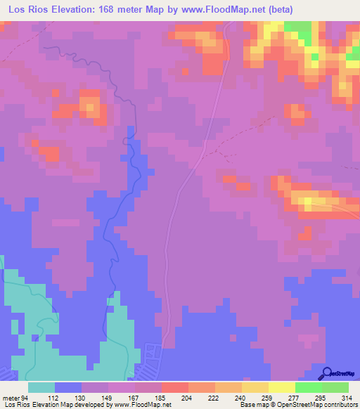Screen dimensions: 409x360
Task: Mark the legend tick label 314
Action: pyautogui.click(x=347, y=397)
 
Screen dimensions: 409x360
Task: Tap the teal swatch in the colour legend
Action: pyautogui.click(x=41, y=387)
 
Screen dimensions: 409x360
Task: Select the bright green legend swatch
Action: pyautogui.click(x=308, y=387)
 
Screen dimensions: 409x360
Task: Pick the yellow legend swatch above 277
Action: pyautogui.click(x=281, y=387)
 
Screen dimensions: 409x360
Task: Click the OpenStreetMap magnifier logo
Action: pyautogui.click(x=328, y=373)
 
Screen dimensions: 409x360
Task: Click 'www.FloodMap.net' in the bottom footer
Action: pyautogui.click(x=145, y=405)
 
